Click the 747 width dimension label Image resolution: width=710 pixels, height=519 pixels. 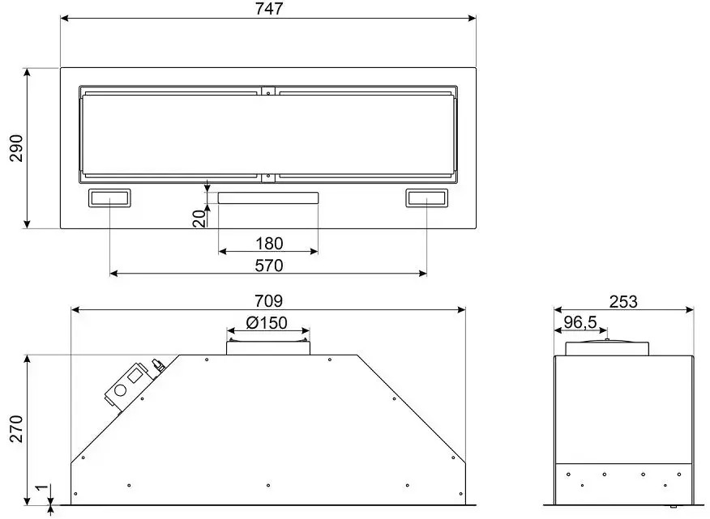pyautogui.click(x=269, y=9)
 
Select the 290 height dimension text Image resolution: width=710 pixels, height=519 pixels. pyautogui.click(x=17, y=148)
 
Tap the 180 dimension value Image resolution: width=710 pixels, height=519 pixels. pyautogui.click(x=269, y=244)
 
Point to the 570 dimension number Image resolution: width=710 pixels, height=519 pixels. pyautogui.click(x=269, y=265)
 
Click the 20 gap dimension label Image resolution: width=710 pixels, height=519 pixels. pyautogui.click(x=199, y=219)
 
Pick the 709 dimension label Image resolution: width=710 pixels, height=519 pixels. pyautogui.click(x=268, y=301)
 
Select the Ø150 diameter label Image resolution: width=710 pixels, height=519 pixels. pyautogui.click(x=267, y=322)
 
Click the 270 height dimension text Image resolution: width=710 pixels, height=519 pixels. pyautogui.click(x=17, y=428)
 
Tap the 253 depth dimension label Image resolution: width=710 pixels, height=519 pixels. pyautogui.click(x=623, y=301)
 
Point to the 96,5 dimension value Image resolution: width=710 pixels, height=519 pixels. pyautogui.click(x=580, y=322)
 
